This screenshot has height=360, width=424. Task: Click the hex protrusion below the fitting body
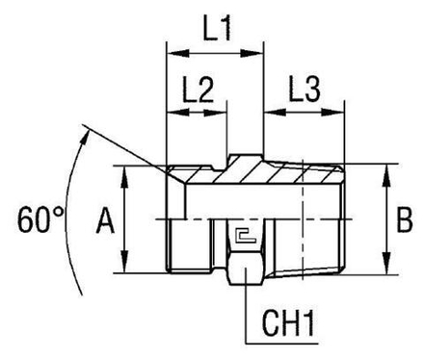coord(247,278)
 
